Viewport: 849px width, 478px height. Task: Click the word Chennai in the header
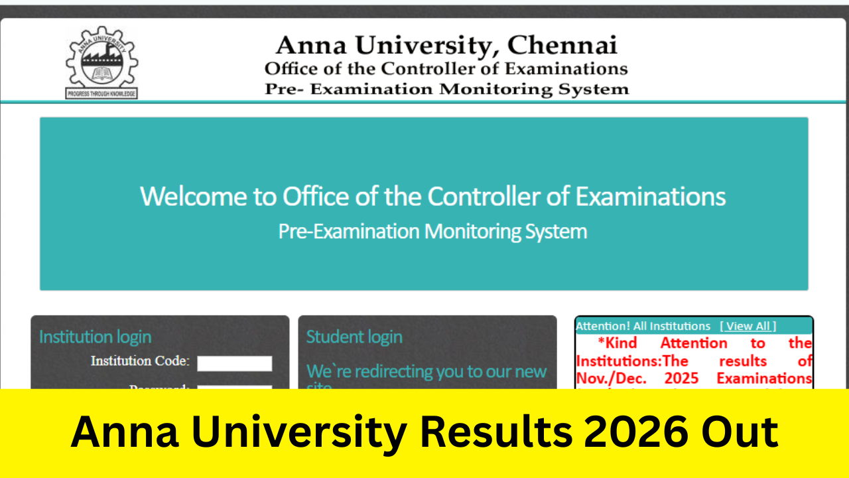tap(562, 45)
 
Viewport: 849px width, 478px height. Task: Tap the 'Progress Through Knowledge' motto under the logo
tap(101, 94)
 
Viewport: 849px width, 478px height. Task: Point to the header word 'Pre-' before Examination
tap(284, 89)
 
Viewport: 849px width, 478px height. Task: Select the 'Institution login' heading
tap(95, 337)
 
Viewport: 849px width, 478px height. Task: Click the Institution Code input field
tap(234, 363)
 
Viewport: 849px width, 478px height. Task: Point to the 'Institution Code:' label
tap(140, 362)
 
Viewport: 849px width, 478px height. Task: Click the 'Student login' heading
tap(354, 337)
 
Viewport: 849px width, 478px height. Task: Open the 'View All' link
tap(748, 326)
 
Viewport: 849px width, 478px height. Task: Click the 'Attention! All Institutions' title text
tap(643, 326)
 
